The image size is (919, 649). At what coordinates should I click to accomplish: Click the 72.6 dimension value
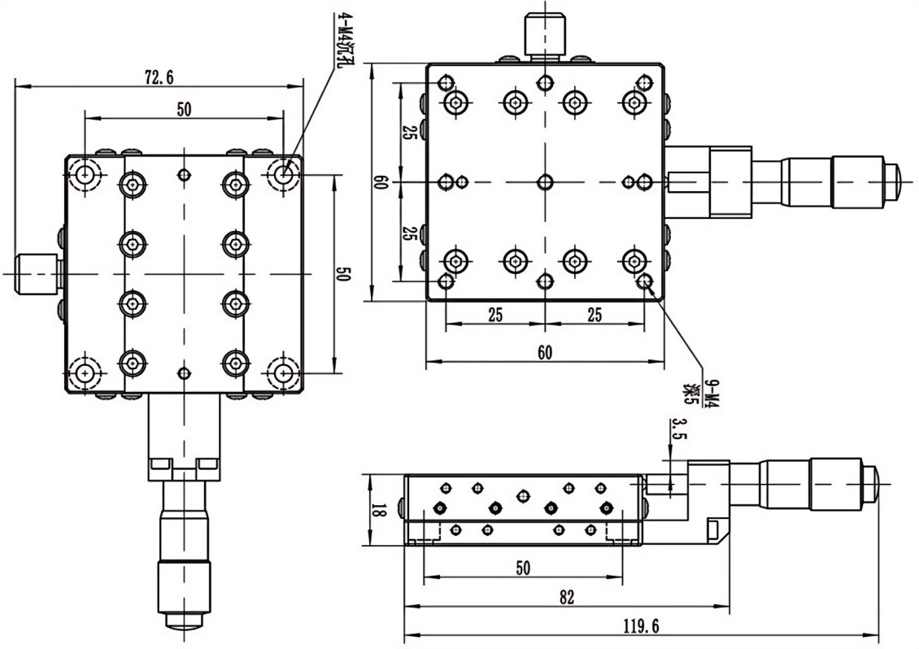[159, 77]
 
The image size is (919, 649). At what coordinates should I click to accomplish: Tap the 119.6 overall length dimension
[642, 625]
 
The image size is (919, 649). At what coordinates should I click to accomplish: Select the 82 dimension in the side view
[567, 597]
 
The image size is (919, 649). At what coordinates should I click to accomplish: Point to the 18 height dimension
[377, 510]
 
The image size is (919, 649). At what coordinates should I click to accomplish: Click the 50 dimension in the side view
[522, 568]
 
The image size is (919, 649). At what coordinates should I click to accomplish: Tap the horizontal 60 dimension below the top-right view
[545, 352]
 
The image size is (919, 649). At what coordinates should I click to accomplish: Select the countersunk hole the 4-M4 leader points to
[284, 173]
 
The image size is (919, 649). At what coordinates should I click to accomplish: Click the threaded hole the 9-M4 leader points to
[646, 281]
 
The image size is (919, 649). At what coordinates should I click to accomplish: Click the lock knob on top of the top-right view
[544, 35]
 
